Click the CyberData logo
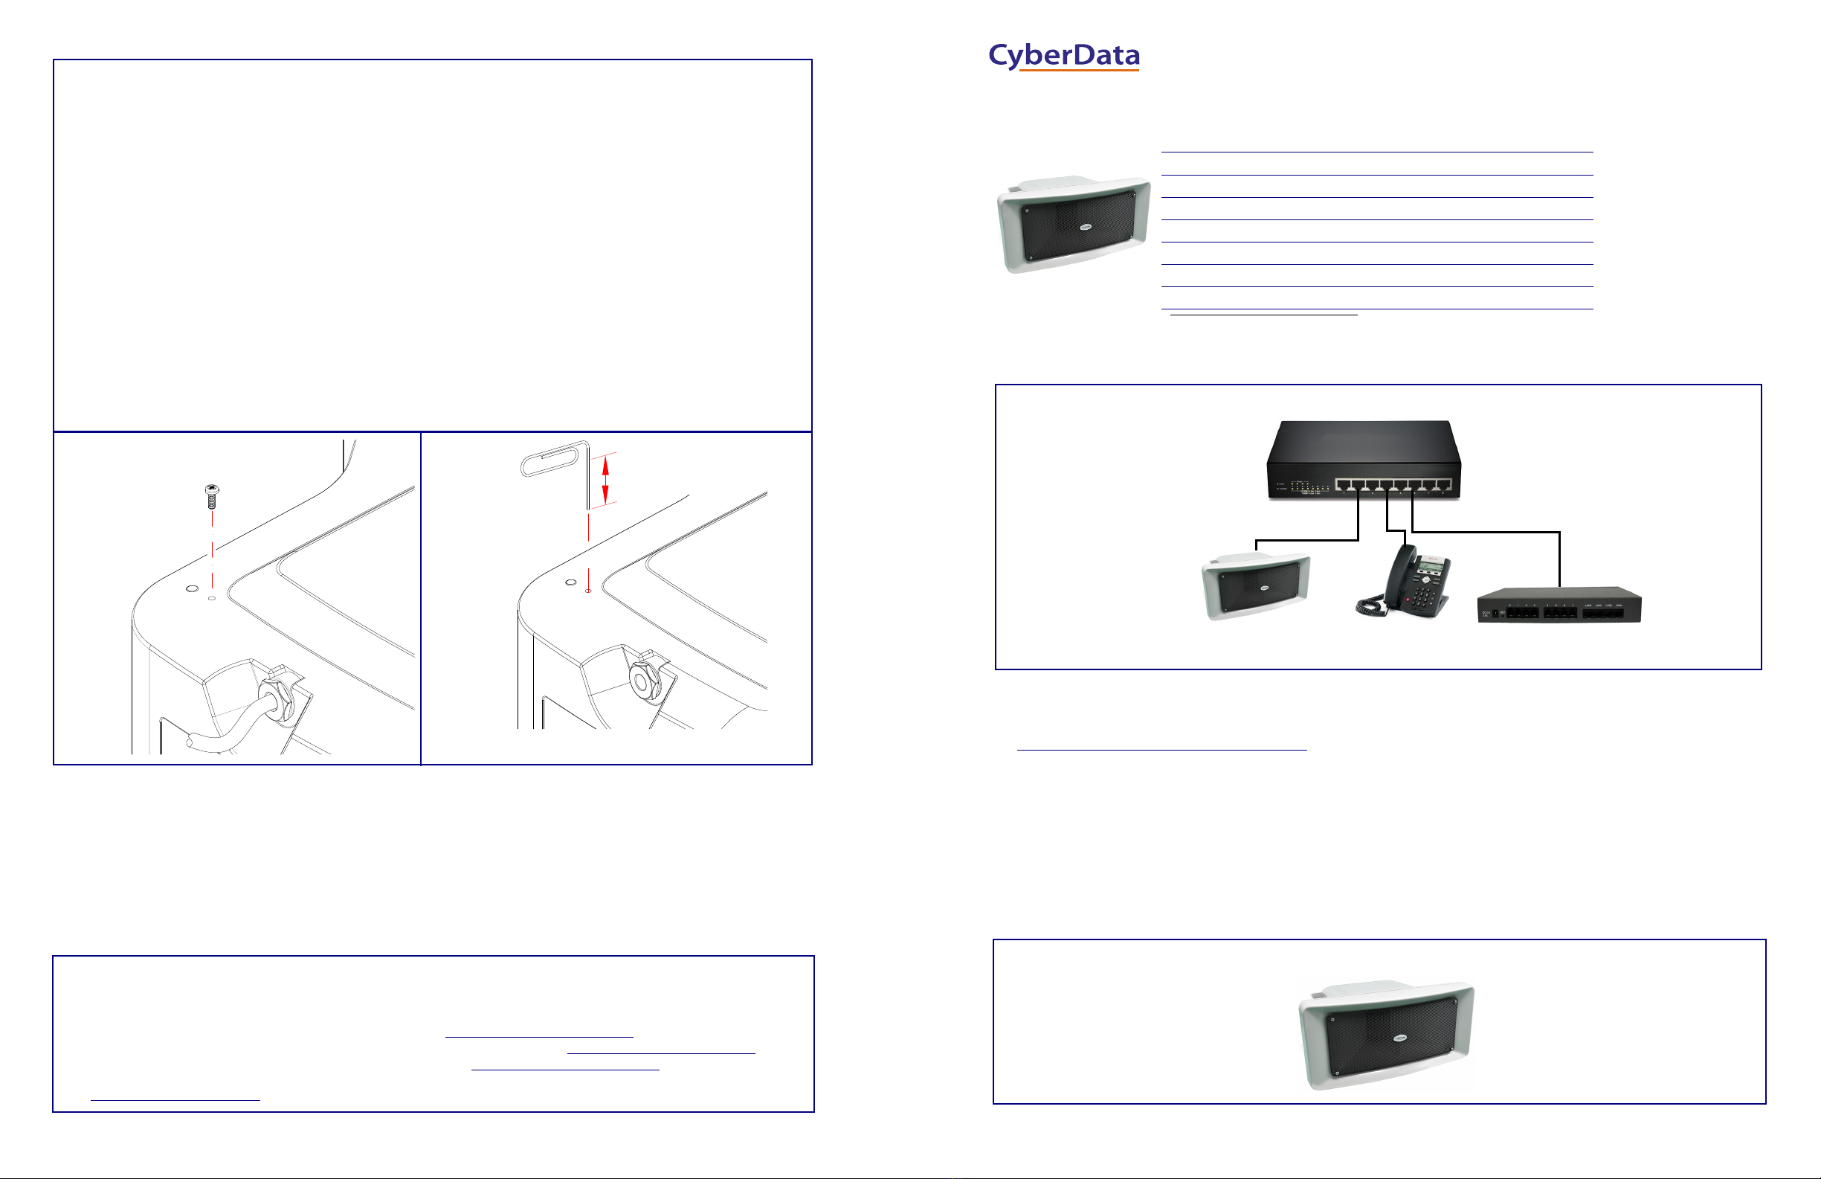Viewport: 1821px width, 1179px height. pos(1063,56)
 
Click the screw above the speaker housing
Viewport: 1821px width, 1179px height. pos(213,496)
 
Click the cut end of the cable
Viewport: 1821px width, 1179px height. pos(191,741)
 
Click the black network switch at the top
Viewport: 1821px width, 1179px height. pos(1364,460)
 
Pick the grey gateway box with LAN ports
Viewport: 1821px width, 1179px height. pos(1559,605)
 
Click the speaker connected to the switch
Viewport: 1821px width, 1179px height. pos(1256,585)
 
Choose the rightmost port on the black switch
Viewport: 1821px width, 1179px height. pos(1443,484)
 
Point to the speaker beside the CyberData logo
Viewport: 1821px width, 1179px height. pos(1074,225)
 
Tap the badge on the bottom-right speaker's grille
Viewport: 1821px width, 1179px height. pos(1399,1038)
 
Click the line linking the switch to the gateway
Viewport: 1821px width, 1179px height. pos(1485,532)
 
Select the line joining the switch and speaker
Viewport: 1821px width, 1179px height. pos(1308,541)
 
